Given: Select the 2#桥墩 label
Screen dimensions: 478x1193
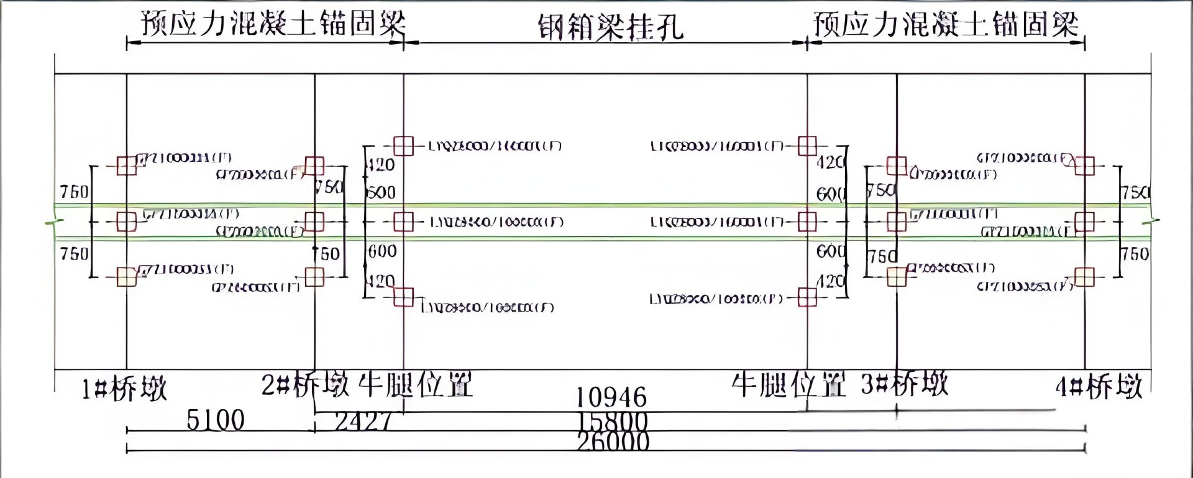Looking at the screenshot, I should click(x=304, y=385).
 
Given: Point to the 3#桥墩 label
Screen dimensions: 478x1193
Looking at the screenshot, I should click(x=905, y=384).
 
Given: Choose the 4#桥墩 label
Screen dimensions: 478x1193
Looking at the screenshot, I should click(x=1099, y=387).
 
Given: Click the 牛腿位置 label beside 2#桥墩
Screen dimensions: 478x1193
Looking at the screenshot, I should click(x=416, y=385).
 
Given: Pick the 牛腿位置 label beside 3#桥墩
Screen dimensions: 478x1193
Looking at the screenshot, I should click(x=788, y=385).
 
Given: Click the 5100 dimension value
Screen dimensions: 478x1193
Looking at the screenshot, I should click(x=216, y=421).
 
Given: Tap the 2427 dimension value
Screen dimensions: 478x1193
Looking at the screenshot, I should click(x=363, y=422).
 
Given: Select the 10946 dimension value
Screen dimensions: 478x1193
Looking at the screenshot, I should click(x=611, y=397).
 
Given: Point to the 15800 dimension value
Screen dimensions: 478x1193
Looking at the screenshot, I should click(x=613, y=422).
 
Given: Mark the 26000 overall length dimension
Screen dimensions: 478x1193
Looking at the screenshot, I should click(x=613, y=442).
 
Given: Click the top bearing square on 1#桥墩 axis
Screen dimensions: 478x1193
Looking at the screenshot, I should click(x=127, y=166).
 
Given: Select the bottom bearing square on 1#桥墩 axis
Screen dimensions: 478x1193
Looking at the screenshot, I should click(x=127, y=277).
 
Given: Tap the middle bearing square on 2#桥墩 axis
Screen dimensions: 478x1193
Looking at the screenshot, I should click(x=314, y=222).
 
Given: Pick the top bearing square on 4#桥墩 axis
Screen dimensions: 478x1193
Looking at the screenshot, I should click(x=1084, y=166).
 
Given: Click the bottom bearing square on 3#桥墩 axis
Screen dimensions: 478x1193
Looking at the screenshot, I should click(x=897, y=277).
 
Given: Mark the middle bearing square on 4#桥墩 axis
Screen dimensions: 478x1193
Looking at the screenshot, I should click(x=1084, y=222).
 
